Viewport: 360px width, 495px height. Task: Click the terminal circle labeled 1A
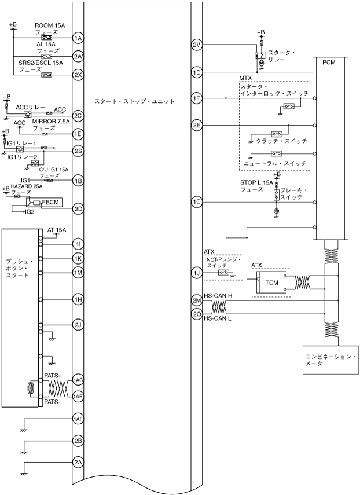pos(78,38)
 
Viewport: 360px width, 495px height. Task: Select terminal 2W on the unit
pos(78,57)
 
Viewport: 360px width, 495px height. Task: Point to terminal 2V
pos(196,45)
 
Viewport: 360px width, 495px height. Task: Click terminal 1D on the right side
pos(196,72)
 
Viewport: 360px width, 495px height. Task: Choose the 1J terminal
pos(196,272)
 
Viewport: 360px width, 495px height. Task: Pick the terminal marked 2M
pos(196,301)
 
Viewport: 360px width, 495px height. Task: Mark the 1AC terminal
pos(78,380)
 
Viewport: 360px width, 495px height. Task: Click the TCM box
pos(271,282)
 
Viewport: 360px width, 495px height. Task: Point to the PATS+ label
pos(53,376)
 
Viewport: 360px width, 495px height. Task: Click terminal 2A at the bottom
pos(78,462)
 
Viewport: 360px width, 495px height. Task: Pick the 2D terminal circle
pos(78,208)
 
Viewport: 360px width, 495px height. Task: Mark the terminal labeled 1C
pos(196,201)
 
